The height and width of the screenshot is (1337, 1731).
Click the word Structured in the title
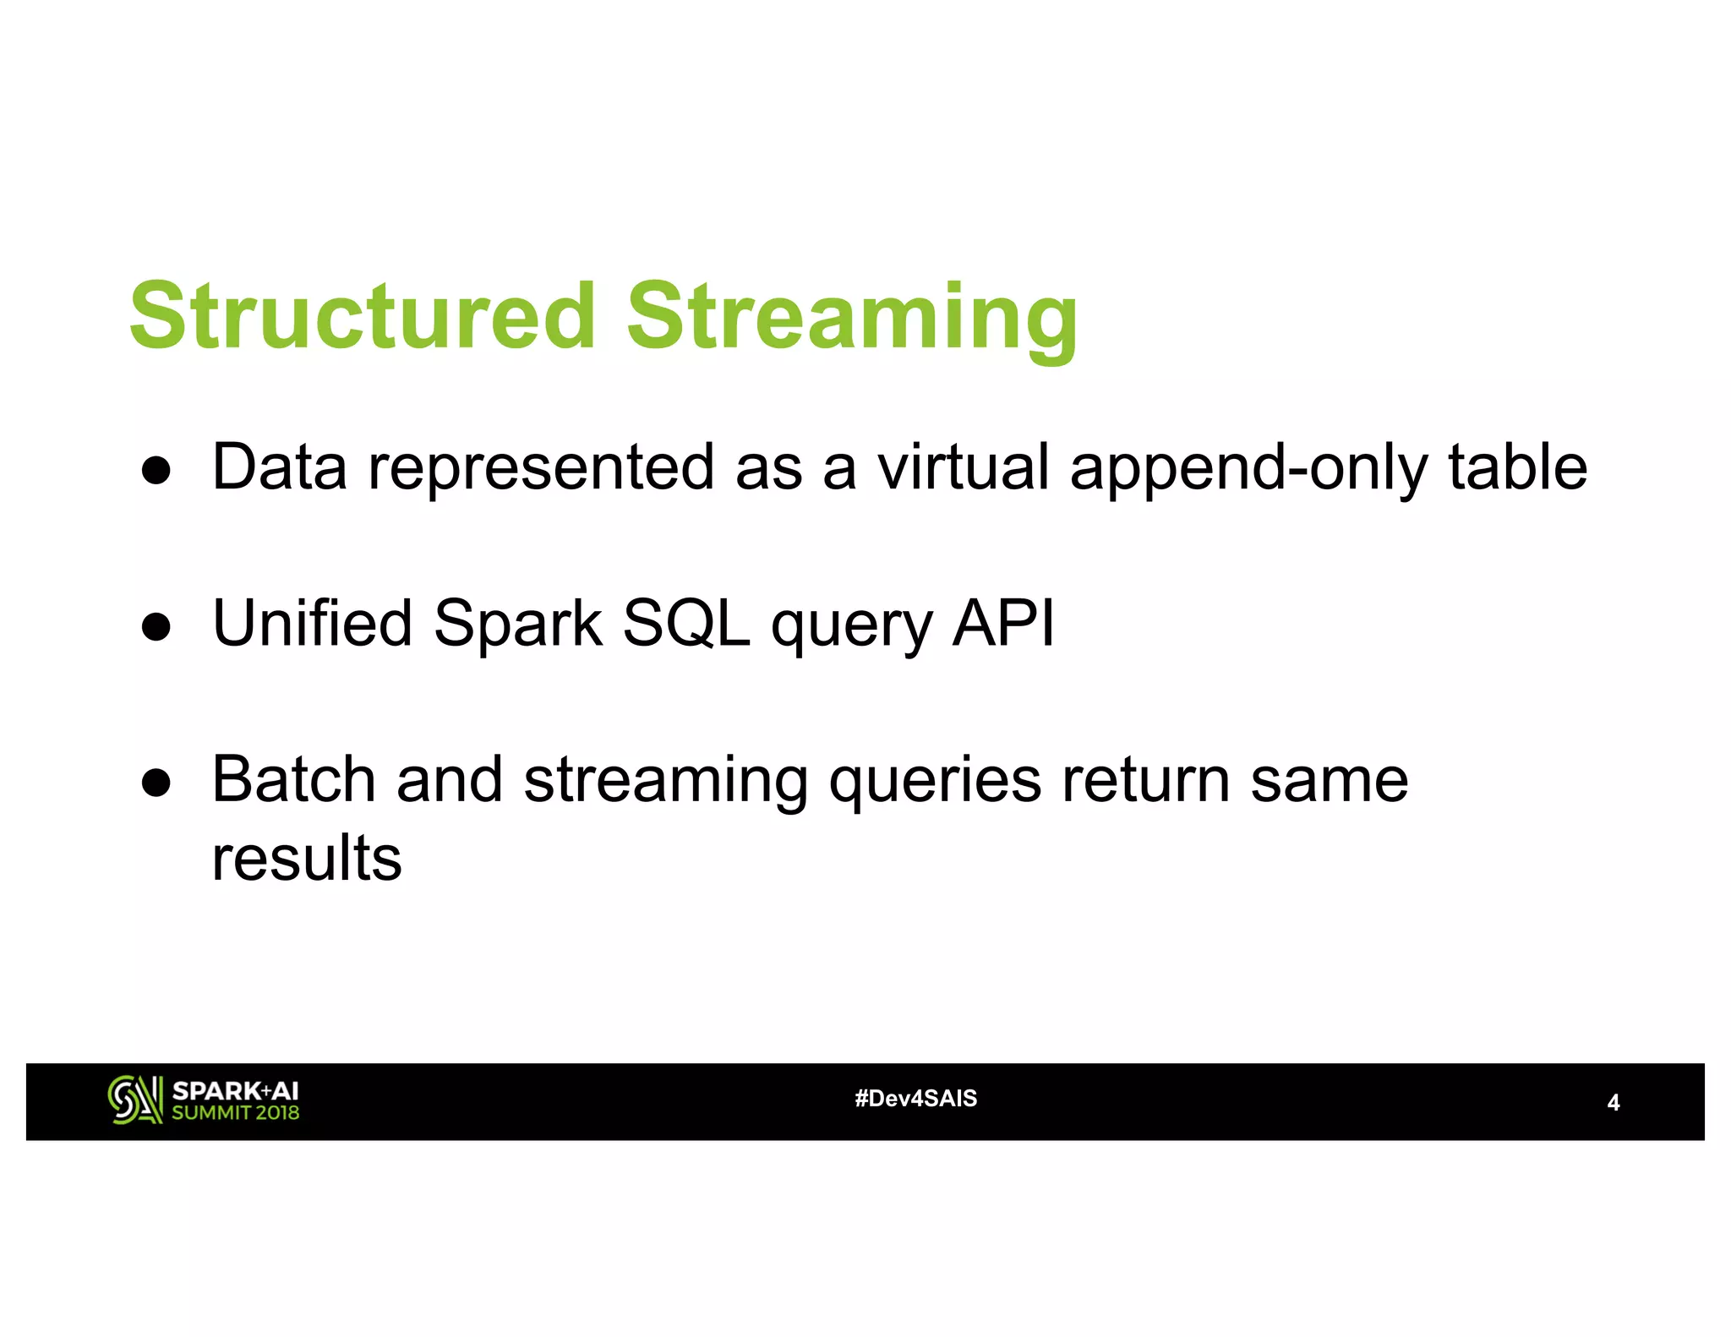pos(363,316)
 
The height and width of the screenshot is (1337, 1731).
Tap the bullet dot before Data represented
pos(157,470)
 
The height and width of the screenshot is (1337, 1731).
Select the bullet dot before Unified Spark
pos(157,626)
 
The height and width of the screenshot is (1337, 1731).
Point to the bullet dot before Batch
pos(157,783)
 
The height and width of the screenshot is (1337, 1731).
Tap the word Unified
pos(312,623)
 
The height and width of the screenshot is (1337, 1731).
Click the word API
pos(1003,623)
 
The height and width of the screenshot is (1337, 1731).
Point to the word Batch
pos(293,779)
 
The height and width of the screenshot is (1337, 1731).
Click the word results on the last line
pos(307,859)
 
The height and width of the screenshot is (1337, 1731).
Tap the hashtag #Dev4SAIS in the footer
pos(915,1099)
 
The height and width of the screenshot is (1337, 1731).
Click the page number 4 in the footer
pos(1613,1103)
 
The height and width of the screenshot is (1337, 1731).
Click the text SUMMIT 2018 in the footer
pos(235,1113)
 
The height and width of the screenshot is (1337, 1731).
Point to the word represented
pos(541,468)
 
